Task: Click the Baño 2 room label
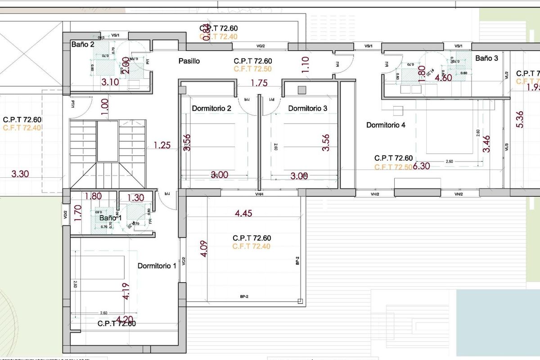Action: pos(83,45)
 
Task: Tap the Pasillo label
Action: pos(189,61)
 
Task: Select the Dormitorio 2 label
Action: pos(211,108)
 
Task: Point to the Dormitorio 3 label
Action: pos(308,108)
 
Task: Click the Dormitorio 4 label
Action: pos(386,125)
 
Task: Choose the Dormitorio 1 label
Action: pos(157,266)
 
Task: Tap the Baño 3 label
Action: pos(487,58)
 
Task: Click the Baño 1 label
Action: pos(111,218)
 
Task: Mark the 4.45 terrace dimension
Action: pos(243,214)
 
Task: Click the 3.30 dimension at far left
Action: pos(20,174)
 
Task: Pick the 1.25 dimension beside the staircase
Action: pos(162,145)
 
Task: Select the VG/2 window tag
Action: pos(261,46)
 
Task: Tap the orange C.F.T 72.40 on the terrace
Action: pos(252,247)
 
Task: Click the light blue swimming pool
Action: pos(498,319)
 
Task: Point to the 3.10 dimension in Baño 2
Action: pos(110,82)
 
